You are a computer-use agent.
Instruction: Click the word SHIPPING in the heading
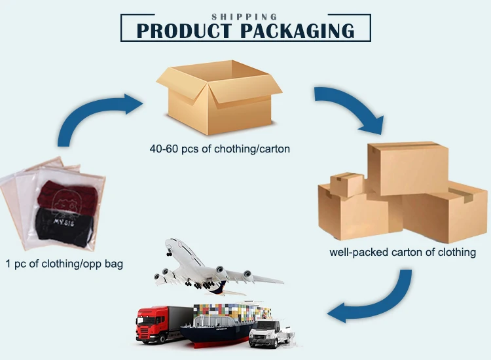pyautogui.click(x=244, y=16)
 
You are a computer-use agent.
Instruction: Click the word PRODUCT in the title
pyautogui.click(x=185, y=30)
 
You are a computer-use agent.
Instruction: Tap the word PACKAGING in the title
pyautogui.click(x=297, y=30)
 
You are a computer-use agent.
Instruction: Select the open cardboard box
pyautogui.click(x=219, y=98)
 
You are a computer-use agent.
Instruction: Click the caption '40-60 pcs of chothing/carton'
pyautogui.click(x=219, y=149)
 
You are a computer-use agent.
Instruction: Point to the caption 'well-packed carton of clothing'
pyautogui.click(x=402, y=252)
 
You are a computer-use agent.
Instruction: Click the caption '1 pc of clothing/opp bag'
pyautogui.click(x=65, y=264)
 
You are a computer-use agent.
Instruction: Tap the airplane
pyautogui.click(x=209, y=265)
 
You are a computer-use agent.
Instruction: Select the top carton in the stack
pyautogui.click(x=407, y=167)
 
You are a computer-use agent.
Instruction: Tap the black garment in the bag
pyautogui.click(x=62, y=226)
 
